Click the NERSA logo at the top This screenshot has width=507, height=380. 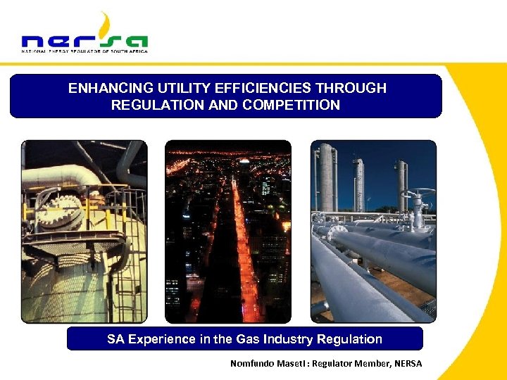[x=84, y=35]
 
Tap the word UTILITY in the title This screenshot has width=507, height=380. [x=179, y=89]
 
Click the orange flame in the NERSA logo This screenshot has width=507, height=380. [x=106, y=25]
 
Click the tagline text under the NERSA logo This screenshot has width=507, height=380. [x=84, y=51]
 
